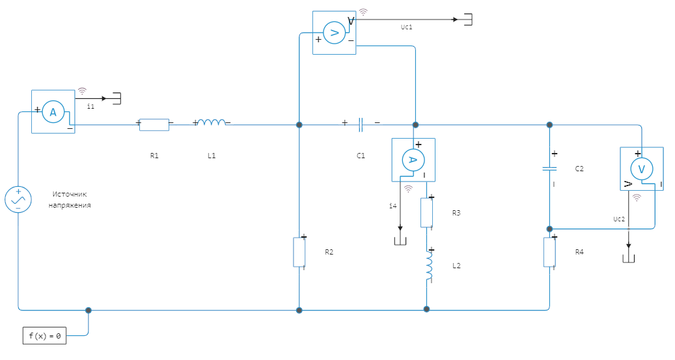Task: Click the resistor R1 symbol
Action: pos(154,124)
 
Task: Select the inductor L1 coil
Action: pos(212,122)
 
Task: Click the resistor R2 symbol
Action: pos(299,253)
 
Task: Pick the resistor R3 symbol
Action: pos(426,213)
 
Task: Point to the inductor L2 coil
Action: pos(428,268)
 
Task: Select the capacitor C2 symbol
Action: pos(549,169)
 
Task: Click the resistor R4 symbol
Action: pos(549,253)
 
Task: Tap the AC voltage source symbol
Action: pos(18,200)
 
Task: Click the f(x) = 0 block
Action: pos(45,336)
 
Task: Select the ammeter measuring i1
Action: pos(53,113)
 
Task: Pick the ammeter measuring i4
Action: pos(413,159)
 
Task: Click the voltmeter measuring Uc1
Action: pos(334,32)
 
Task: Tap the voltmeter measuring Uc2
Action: pos(641,169)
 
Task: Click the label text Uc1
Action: pos(407,28)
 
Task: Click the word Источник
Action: pos(70,194)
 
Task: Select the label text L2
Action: pos(456,266)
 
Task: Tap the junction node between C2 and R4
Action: pos(549,228)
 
